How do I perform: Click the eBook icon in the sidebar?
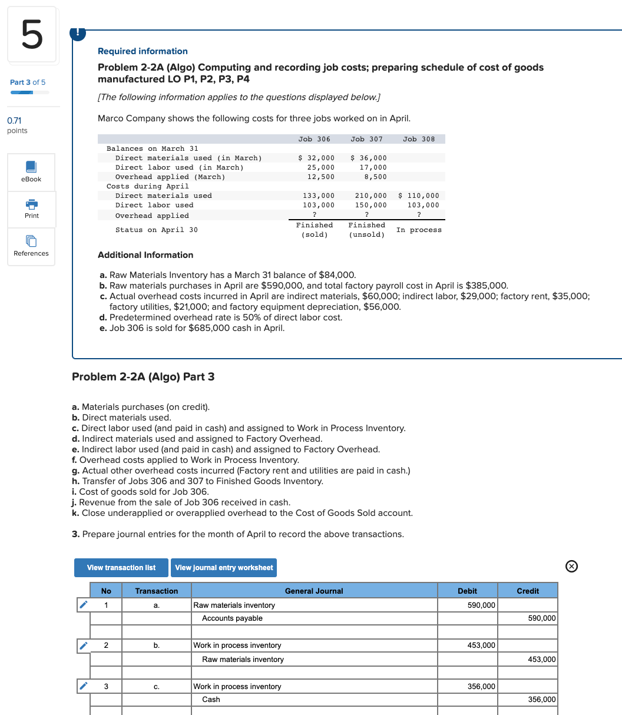(32, 167)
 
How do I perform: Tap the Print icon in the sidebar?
(32, 204)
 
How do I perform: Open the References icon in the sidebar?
(32, 241)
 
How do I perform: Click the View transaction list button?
(121, 568)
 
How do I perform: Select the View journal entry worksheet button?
(224, 568)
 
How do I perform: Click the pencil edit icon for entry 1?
(84, 605)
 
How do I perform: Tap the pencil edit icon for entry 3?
(84, 686)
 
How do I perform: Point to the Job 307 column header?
(366, 139)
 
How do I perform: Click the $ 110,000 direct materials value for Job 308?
(419, 196)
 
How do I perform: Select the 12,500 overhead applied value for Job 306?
(321, 177)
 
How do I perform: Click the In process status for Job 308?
(419, 230)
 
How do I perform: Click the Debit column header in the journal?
(468, 591)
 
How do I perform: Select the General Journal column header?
(314, 591)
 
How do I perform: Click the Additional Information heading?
(145, 255)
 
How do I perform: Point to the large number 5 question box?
(32, 35)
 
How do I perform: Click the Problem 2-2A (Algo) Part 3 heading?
(143, 377)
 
